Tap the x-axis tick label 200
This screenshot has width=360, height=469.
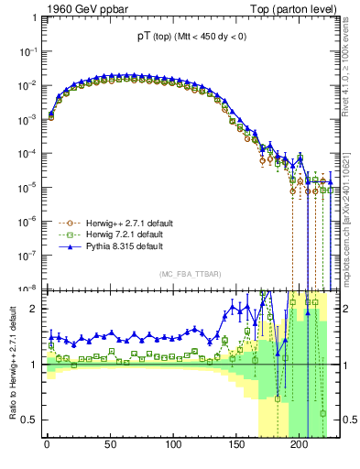(x=300, y=449)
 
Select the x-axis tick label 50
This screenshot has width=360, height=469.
(x=110, y=449)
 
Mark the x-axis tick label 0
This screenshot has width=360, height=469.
(x=47, y=449)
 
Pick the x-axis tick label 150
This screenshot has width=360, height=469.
(x=236, y=449)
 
